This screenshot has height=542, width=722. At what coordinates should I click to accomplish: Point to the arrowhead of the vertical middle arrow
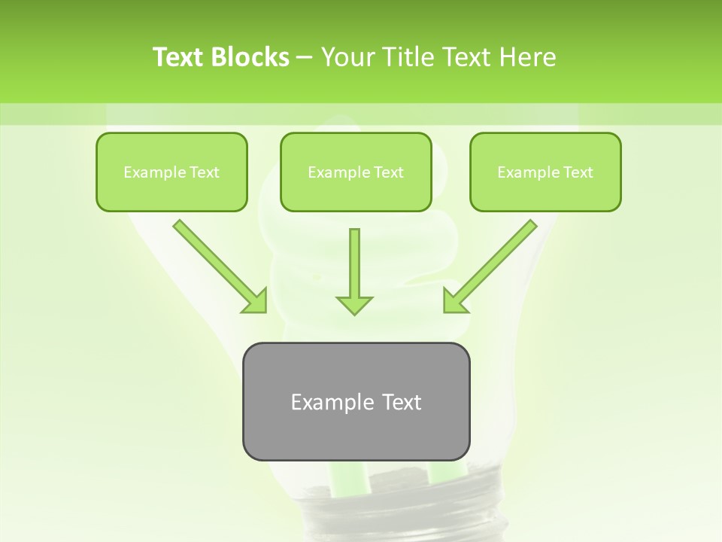[354, 304]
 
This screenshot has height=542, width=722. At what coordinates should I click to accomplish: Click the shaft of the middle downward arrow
[354, 260]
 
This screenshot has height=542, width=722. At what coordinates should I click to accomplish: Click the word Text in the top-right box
[578, 172]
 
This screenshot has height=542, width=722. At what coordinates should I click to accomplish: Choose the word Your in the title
[344, 57]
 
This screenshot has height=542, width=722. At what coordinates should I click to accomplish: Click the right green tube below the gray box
[444, 470]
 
